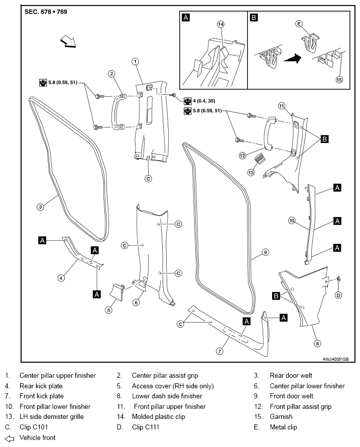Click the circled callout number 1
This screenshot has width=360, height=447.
coord(135,61)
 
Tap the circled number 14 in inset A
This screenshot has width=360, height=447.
coord(220,24)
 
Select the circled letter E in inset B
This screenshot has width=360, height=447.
coord(299,24)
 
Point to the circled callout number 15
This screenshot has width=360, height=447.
coord(339,80)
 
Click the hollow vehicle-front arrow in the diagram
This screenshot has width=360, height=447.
coord(68,41)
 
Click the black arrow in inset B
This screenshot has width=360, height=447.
coord(293,59)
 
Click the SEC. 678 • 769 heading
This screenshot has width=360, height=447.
coord(46,12)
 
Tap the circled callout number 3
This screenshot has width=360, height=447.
coord(41,207)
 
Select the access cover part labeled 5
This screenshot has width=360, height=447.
coord(117,291)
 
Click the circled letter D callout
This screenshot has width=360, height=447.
coord(338,295)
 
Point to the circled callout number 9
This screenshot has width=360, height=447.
coord(265,252)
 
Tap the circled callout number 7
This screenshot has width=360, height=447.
coord(219,351)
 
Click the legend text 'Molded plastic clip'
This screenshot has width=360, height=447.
coord(158,416)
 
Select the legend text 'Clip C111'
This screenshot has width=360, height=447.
coord(146,427)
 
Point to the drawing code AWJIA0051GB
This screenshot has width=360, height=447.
coord(335,359)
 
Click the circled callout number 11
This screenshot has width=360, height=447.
coord(282,106)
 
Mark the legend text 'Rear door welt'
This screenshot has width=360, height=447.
coord(291,375)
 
